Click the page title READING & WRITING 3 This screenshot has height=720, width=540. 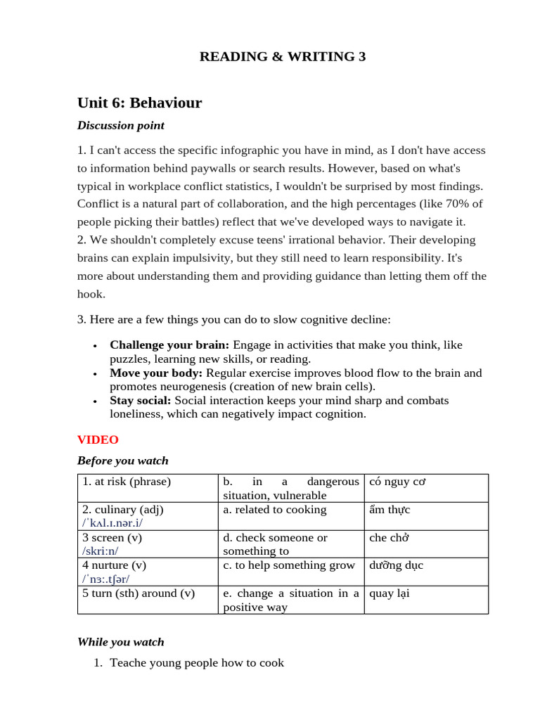[x=283, y=57]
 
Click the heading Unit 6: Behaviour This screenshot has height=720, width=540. [x=139, y=103]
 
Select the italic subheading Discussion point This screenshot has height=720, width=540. [x=120, y=126]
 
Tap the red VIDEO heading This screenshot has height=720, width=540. [x=98, y=440]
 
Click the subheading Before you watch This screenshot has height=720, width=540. [x=122, y=461]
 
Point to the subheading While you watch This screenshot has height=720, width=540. [x=120, y=642]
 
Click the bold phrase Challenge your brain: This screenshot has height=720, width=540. [x=169, y=345]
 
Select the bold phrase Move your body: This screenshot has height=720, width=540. [x=156, y=373]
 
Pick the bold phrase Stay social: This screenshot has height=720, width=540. [x=141, y=401]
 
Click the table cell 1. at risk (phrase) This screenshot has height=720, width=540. [x=127, y=482]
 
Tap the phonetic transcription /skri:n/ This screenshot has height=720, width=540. [x=101, y=552]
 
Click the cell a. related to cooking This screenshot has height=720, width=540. [x=274, y=510]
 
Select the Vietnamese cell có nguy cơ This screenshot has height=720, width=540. [x=398, y=482]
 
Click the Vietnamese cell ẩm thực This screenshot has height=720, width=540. [x=390, y=510]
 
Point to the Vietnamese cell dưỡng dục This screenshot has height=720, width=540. [x=396, y=565]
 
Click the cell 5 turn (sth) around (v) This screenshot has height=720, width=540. [x=138, y=593]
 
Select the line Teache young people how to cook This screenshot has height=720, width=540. [x=197, y=663]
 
